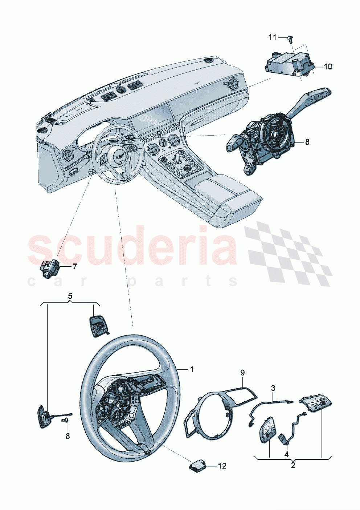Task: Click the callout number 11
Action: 273,37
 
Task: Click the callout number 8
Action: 307,142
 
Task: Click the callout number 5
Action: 70,296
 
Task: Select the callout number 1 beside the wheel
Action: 192,370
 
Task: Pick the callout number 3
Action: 273,388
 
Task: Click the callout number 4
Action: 286,454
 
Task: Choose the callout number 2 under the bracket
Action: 293,465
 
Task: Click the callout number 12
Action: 222,466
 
